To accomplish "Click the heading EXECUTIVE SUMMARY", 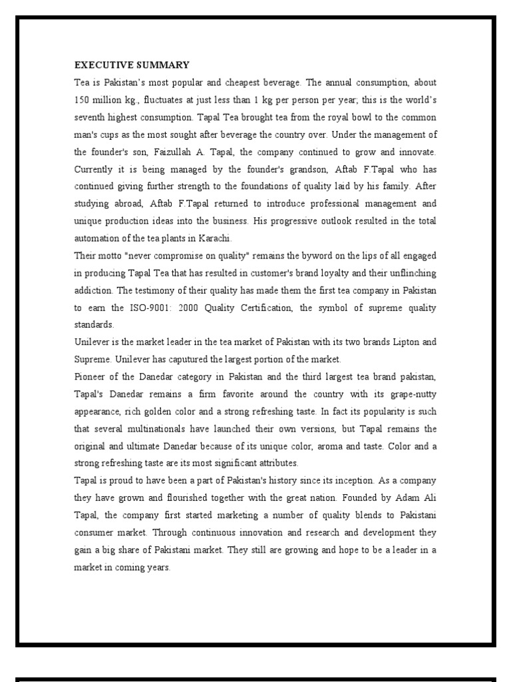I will coord(132,65).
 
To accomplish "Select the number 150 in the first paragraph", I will coord(81,100).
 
